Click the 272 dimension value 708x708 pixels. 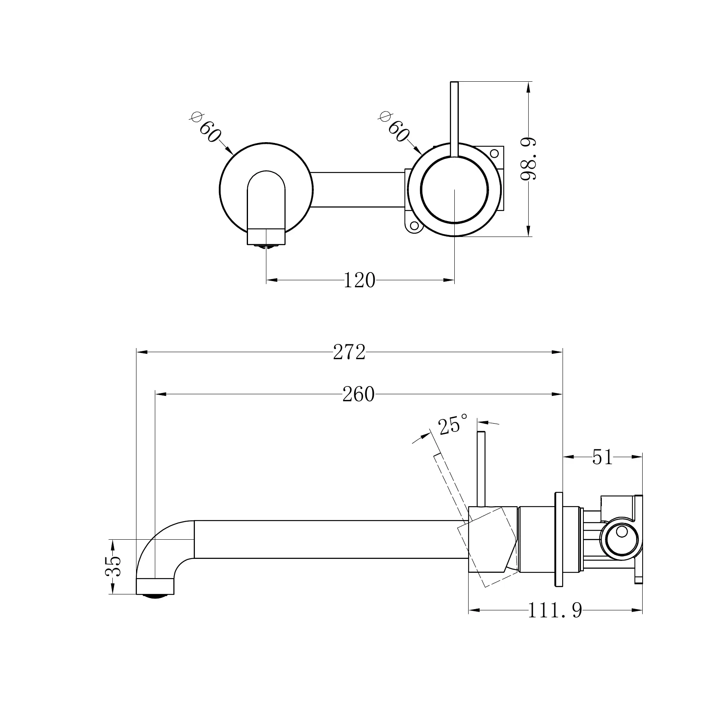click(349, 352)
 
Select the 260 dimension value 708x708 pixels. click(358, 394)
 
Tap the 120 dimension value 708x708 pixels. click(359, 280)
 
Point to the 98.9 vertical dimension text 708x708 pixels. click(529, 159)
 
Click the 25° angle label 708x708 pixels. click(453, 425)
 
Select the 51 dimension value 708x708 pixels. click(603, 457)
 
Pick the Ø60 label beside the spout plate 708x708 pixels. click(207, 127)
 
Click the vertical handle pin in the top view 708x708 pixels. click(454, 118)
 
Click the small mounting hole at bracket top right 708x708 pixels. click(494, 154)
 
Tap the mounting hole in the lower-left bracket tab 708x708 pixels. click(414, 225)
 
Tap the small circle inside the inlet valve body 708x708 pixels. click(621, 532)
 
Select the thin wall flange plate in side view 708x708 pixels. click(558, 540)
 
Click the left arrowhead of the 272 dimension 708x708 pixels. click(141, 352)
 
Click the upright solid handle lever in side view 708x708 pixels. click(481, 470)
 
